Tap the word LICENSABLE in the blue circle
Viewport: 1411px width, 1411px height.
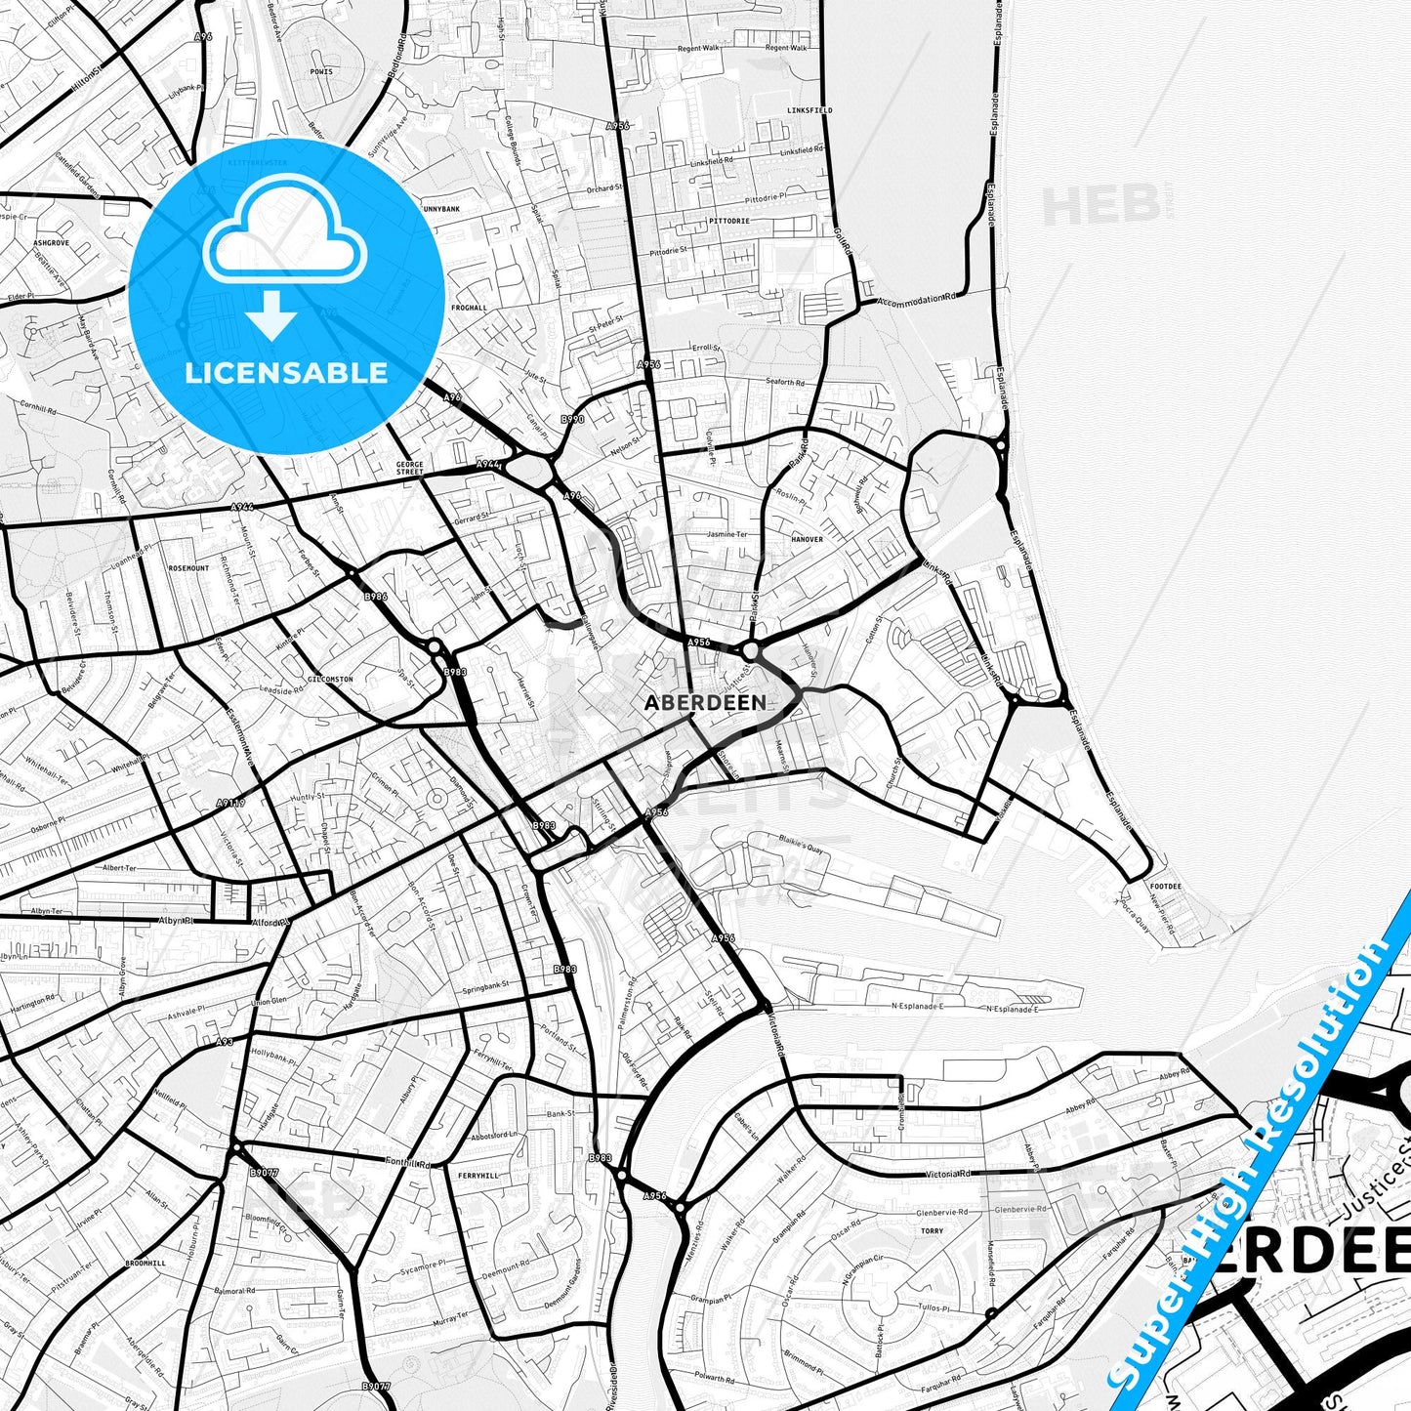click(x=286, y=373)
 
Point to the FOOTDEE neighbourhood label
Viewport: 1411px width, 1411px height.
click(x=1166, y=887)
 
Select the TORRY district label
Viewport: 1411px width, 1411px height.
click(x=933, y=1231)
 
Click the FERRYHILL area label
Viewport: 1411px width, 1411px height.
click(x=477, y=1176)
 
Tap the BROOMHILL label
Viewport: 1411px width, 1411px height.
click(x=146, y=1263)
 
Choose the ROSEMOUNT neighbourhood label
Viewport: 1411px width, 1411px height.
click(x=188, y=568)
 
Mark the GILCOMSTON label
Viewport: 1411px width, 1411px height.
click(x=329, y=679)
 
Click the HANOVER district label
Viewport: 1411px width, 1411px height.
click(x=808, y=539)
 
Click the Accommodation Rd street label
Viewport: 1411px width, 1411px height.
click(x=917, y=299)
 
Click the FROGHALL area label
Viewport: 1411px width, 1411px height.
click(x=469, y=308)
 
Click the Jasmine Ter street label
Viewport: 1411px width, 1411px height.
click(x=727, y=535)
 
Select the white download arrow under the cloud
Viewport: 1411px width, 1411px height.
click(x=271, y=316)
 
